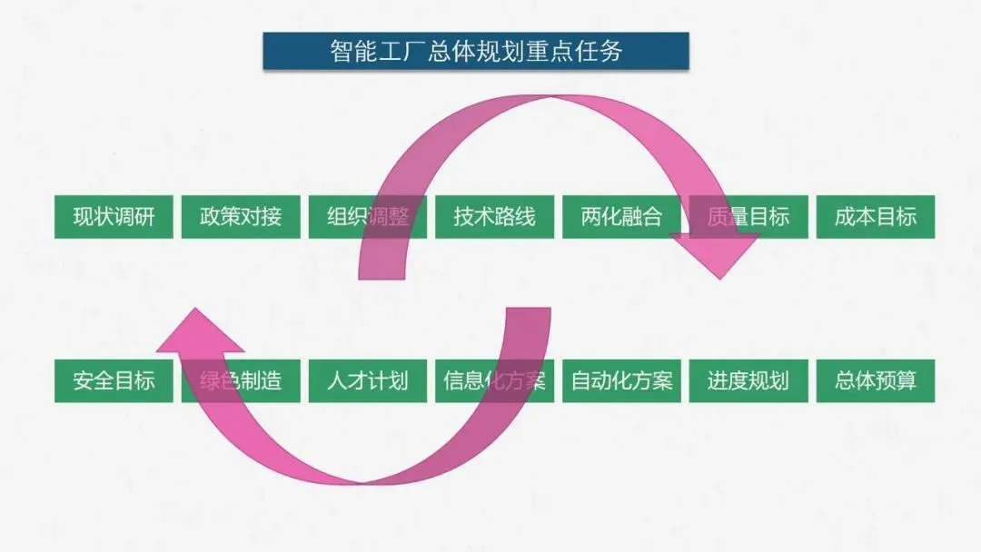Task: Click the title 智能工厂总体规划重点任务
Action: click(x=476, y=51)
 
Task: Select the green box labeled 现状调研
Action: click(x=114, y=216)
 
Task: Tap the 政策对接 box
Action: click(x=241, y=216)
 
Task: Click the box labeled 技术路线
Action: click(x=494, y=216)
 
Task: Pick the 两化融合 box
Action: click(x=621, y=216)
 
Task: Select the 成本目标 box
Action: click(x=876, y=216)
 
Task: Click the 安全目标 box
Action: click(x=114, y=379)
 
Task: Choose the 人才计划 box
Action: click(x=367, y=379)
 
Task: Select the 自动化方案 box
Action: click(x=621, y=379)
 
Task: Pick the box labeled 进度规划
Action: click(x=748, y=379)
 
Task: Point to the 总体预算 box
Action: click(x=876, y=379)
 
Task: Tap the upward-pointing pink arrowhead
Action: click(x=195, y=331)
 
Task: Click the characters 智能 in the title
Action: click(x=349, y=51)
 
